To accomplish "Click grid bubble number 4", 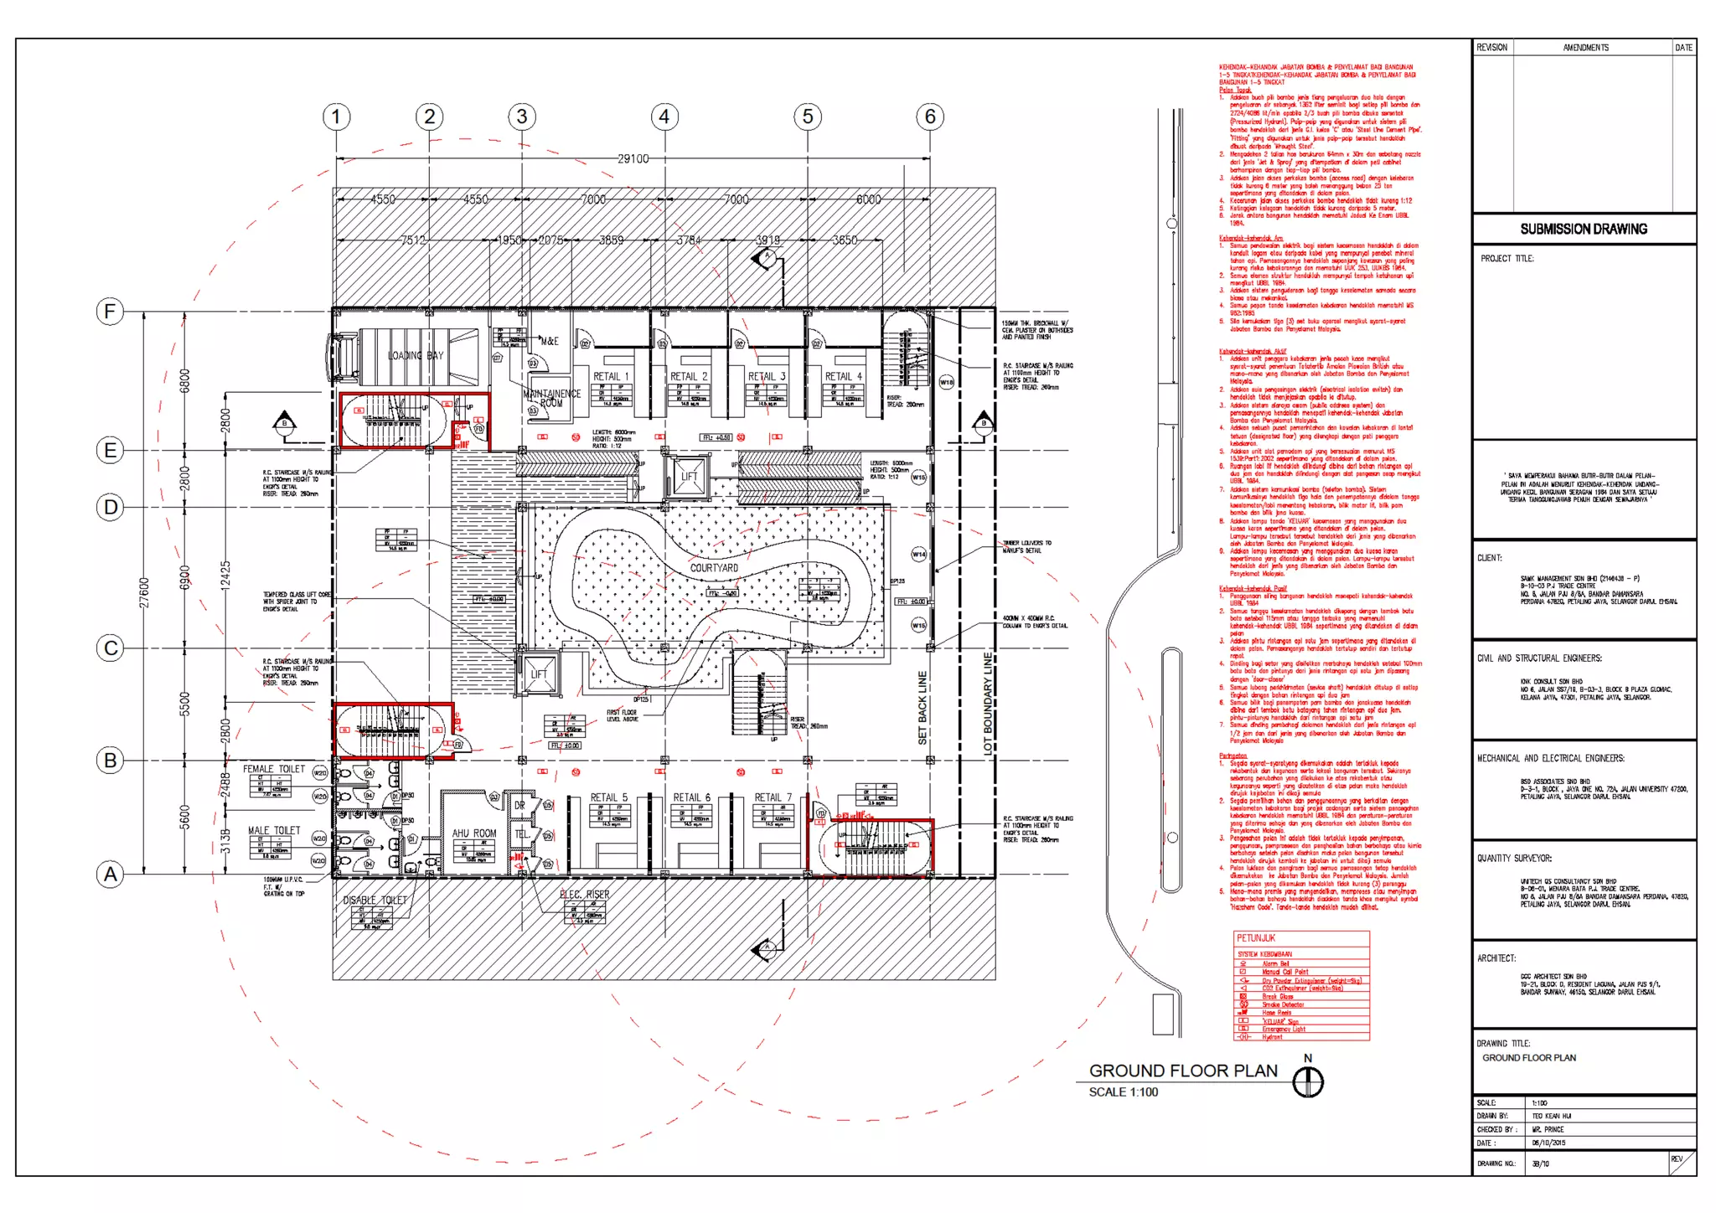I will click(664, 116).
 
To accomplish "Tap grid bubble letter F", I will click(110, 312).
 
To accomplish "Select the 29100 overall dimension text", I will click(633, 158).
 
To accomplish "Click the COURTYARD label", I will click(714, 568).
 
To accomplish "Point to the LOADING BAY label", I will click(415, 355).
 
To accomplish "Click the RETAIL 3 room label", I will click(767, 376).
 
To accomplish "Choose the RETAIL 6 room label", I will click(691, 797).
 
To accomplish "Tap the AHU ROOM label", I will click(474, 834).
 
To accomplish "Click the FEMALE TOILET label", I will click(274, 768).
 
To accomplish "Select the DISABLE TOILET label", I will click(375, 900).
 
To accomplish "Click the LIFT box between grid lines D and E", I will click(689, 477).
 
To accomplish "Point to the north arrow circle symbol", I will click(1308, 1082).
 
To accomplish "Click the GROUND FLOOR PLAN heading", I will click(1183, 1071).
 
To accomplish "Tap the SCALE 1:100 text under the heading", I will click(1123, 1092).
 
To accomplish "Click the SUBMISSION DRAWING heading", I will click(1584, 229).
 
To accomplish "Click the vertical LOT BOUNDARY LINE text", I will click(988, 704).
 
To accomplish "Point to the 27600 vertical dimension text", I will click(144, 592).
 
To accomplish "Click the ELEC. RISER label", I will click(585, 895).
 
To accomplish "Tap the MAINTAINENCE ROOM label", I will click(551, 398).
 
